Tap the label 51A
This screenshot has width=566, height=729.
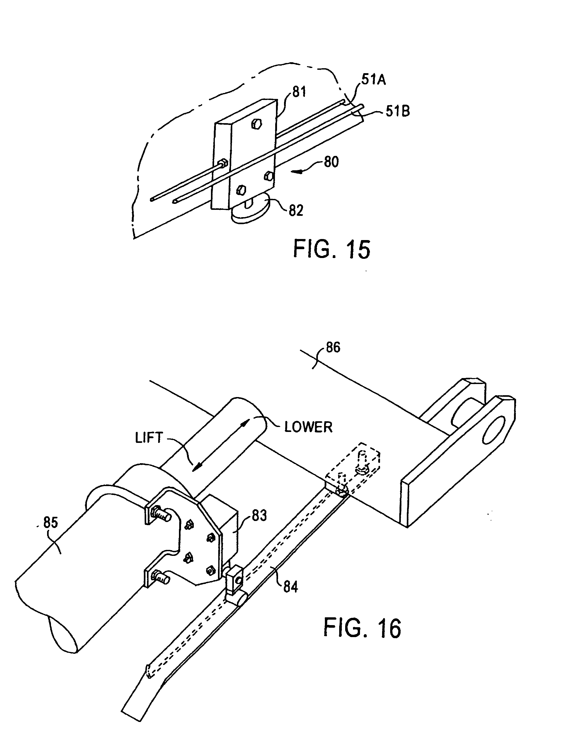coord(373,80)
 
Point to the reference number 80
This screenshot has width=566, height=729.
coord(331,162)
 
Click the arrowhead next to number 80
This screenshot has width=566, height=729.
coord(297,172)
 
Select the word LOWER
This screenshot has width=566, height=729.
coord(308,427)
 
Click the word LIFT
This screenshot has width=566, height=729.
coord(149,438)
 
